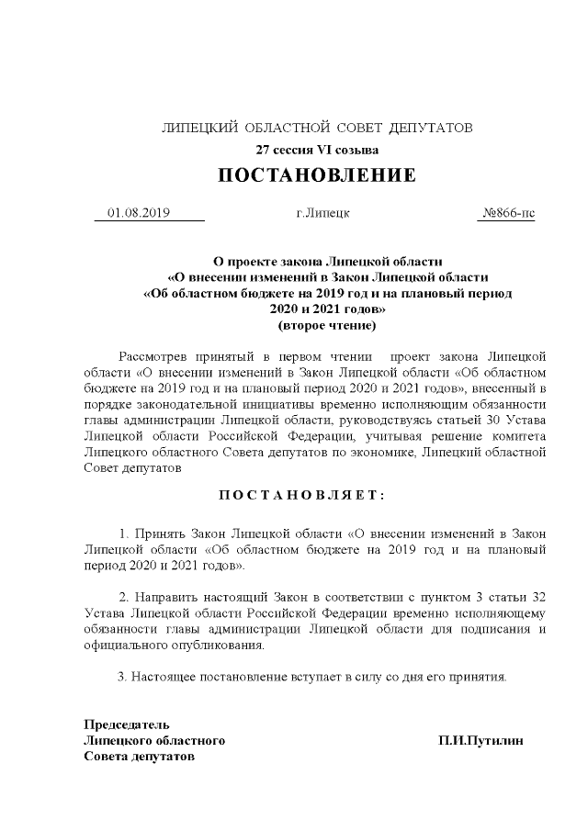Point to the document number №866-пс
508,213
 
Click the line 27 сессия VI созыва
316,149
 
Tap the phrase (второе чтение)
316,325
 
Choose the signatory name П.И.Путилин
481,740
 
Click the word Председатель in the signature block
127,724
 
